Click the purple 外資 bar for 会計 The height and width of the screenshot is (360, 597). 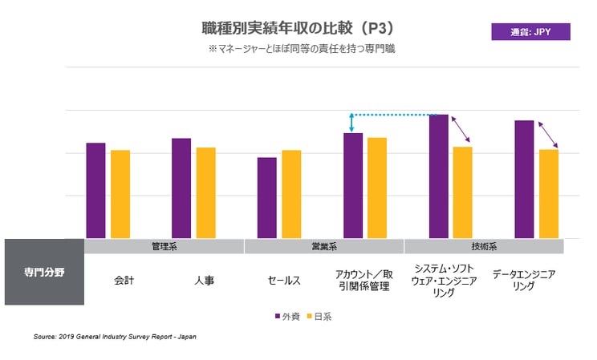(95, 191)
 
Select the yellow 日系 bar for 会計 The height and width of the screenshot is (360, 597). (120, 194)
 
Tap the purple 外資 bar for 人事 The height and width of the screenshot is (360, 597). (181, 188)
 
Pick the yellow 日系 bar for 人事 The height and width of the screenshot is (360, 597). (206, 192)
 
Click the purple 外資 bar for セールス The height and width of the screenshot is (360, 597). (267, 198)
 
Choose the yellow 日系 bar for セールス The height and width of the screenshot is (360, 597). (291, 194)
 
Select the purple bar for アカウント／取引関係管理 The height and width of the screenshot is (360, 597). (353, 186)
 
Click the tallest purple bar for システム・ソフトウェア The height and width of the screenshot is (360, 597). (439, 176)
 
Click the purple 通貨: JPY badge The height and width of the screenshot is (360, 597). (530, 32)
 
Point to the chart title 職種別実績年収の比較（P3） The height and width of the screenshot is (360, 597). (298, 28)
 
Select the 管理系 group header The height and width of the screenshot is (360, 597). (164, 246)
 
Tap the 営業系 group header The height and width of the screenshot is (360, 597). (324, 246)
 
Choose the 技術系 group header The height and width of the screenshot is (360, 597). (484, 246)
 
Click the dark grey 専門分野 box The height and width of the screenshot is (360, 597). (44, 272)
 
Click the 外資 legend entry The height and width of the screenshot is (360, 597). (286, 316)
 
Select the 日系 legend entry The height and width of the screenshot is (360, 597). (318, 316)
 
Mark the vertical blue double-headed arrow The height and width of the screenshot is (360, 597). (351, 123)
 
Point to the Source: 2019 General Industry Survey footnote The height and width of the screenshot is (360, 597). (115, 337)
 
